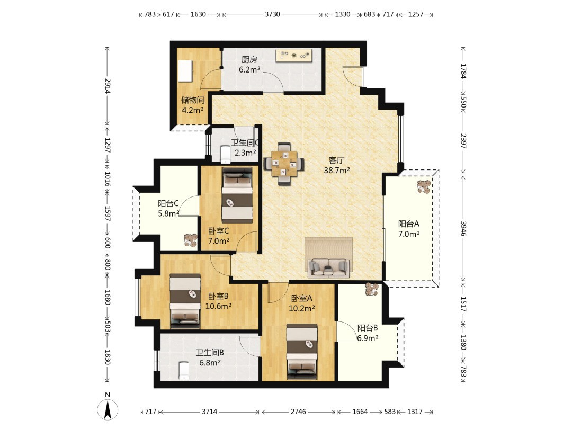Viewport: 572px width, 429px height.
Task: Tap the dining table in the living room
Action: pyautogui.click(x=284, y=164)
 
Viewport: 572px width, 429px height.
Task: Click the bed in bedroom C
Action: pyautogui.click(x=237, y=195)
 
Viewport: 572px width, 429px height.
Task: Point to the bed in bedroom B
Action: pyautogui.click(x=185, y=301)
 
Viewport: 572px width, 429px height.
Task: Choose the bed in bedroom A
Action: pyautogui.click(x=302, y=352)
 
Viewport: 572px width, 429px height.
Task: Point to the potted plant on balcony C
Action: pyautogui.click(x=191, y=240)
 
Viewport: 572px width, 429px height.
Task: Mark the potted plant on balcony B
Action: pyautogui.click(x=372, y=290)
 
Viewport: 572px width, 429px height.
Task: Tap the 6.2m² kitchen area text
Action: pyautogui.click(x=249, y=70)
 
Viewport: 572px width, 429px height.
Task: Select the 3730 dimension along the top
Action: pyautogui.click(x=272, y=15)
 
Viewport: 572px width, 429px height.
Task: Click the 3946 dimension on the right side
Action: pyautogui.click(x=463, y=228)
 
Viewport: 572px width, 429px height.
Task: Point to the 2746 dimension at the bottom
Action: pyautogui.click(x=298, y=412)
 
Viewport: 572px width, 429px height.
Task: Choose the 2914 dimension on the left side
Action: pyautogui.click(x=108, y=86)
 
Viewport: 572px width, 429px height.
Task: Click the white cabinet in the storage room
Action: pyautogui.click(x=186, y=71)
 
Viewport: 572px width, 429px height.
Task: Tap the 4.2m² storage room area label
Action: pyautogui.click(x=193, y=110)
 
